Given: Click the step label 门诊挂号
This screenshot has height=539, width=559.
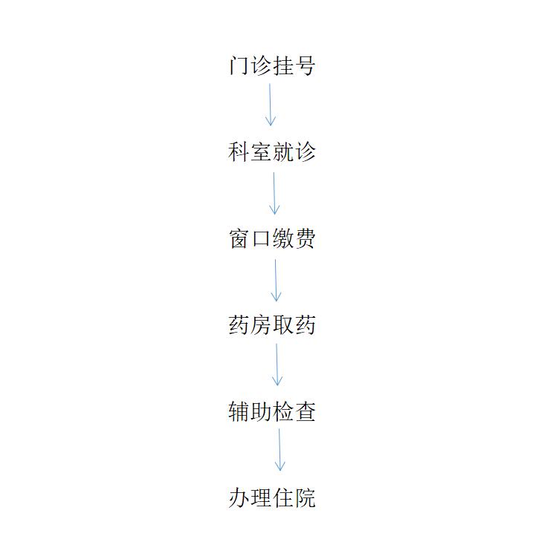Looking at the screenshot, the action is pos(272,65).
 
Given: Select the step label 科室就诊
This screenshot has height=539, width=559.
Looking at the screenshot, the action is pos(272,152).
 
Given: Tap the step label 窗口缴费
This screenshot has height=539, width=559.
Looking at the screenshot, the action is pos(272,238).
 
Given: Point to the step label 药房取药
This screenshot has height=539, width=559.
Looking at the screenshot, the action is pos(272,325).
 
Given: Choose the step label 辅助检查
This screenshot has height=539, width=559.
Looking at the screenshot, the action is pos(272,411).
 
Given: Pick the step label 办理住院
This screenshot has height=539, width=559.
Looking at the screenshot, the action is pos(272,497).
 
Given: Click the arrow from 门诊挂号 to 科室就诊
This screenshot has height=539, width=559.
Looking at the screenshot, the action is pos(271,105).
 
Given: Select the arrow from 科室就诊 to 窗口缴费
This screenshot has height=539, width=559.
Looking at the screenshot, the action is pos(274,194).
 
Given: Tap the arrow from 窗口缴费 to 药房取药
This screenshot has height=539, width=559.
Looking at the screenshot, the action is pos(276,281).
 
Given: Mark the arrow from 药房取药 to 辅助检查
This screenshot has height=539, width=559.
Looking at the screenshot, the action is pos(277,365).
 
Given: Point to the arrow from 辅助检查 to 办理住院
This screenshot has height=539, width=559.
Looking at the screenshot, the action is pos(279,450).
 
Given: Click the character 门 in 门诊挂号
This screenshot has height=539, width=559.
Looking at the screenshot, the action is pos(239,65).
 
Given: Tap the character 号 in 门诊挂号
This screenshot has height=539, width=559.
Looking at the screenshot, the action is pos(306,65).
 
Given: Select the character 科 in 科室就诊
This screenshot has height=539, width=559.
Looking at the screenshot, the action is pos(239,152).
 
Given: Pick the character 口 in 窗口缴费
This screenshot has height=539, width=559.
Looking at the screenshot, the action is pos(261,238).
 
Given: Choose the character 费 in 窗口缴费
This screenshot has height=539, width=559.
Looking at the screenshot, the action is pos(306,238).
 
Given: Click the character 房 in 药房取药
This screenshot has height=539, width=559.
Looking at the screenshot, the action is pos(261,325).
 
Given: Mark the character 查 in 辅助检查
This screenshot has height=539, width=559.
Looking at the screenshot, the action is pos(306,411).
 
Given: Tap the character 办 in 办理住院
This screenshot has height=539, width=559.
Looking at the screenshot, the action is pos(239,497).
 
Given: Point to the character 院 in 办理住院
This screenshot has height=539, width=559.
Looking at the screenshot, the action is pos(306,497).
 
